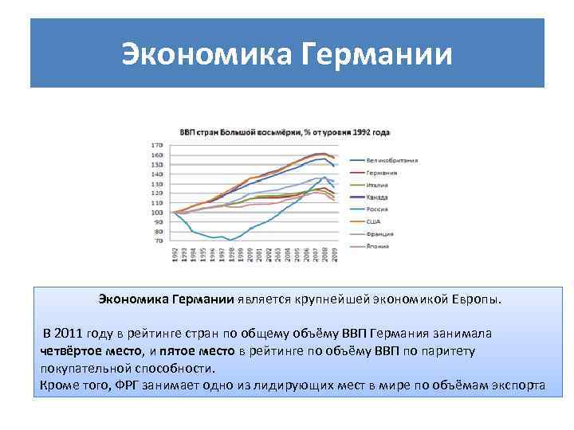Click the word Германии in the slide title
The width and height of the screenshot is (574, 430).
(379, 54)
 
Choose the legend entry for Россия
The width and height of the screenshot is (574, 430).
(378, 209)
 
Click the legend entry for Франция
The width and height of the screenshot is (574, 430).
(380, 234)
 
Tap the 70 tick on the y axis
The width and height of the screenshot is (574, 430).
(158, 240)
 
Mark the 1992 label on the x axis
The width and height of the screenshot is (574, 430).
(175, 255)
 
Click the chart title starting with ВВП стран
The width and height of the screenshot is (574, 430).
(284, 132)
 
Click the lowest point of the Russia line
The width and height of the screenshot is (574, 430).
(230, 240)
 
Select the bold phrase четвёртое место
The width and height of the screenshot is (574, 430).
(89, 350)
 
